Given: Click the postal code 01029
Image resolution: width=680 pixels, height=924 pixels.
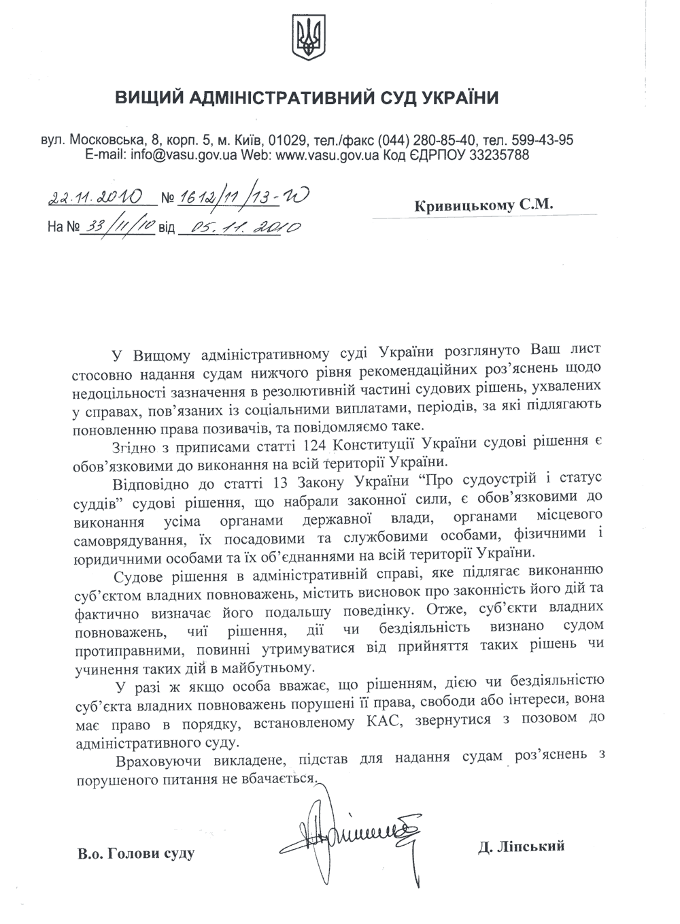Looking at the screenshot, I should tap(286, 141).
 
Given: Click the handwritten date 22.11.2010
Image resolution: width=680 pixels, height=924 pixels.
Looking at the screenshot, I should tap(95, 198).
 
